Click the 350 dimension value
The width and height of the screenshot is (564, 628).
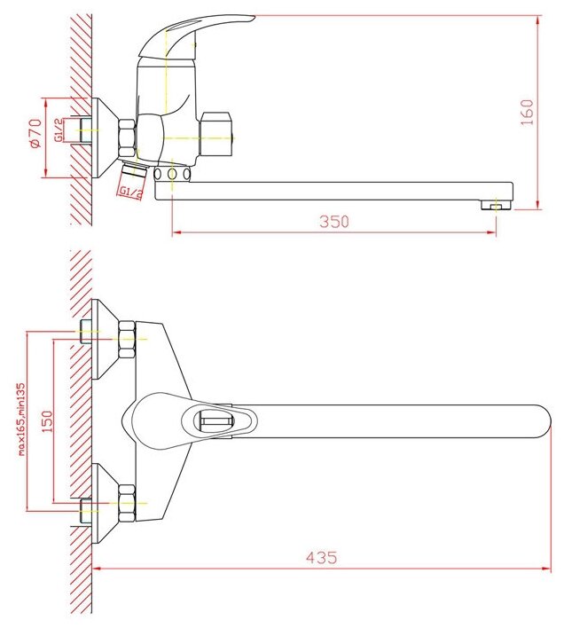coord(333,221)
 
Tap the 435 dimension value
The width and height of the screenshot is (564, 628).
coord(321,557)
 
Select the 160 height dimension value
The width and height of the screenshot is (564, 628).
coord(527,113)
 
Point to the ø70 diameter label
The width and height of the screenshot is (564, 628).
coord(35,133)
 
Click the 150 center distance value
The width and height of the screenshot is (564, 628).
coord(47,421)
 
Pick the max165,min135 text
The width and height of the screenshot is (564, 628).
coord(20,420)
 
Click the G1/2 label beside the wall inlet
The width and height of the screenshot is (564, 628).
coord(59,130)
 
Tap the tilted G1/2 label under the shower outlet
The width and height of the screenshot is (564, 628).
coord(130,192)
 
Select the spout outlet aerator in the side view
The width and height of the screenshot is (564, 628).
coord(496,205)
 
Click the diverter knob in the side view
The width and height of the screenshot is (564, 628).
coord(215,134)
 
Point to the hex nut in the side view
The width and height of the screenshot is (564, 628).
coord(128,138)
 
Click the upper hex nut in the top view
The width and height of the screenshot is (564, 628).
coord(127,339)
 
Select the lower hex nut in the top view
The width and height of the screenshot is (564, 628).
coord(127,503)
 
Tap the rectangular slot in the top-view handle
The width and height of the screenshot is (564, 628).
coord(213,421)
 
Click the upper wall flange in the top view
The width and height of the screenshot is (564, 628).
coord(105,339)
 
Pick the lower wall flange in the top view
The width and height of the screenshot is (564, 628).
coord(105,504)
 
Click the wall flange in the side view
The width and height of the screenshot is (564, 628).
coord(105,138)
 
